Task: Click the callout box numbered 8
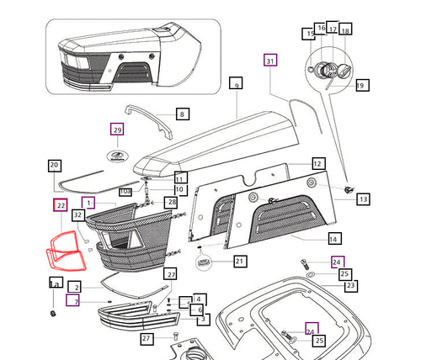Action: (182, 114)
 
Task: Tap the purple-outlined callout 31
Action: (269, 61)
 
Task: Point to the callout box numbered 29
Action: (117, 130)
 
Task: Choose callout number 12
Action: (317, 163)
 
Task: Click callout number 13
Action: (363, 199)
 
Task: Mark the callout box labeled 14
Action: (333, 238)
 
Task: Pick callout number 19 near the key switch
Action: (361, 85)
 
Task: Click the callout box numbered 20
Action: (54, 165)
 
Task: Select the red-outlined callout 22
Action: (61, 204)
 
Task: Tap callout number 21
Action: (240, 262)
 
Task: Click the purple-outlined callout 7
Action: (74, 301)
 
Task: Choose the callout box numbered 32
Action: (77, 215)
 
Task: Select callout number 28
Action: (172, 204)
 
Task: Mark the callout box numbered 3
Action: (204, 320)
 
